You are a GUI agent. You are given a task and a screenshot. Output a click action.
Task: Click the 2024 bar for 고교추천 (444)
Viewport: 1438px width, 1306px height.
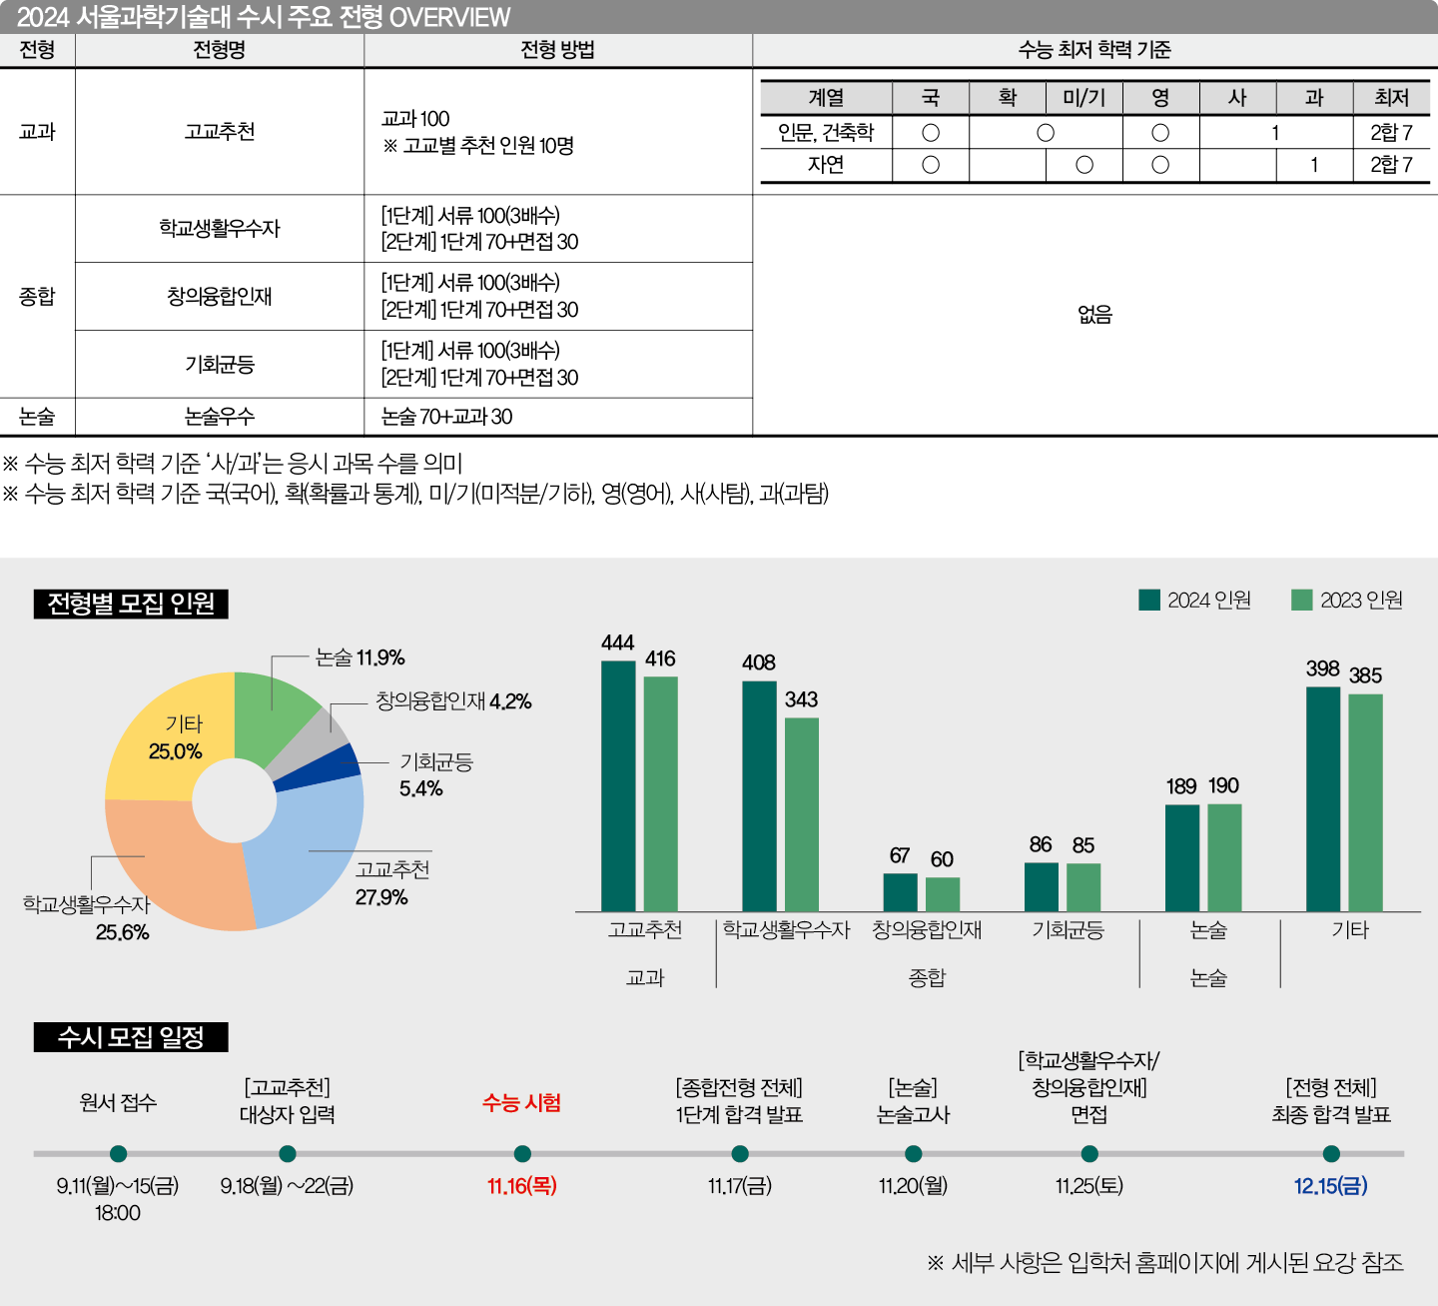[x=618, y=785]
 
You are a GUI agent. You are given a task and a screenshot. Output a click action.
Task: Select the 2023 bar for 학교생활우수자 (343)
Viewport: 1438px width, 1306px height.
[x=801, y=813]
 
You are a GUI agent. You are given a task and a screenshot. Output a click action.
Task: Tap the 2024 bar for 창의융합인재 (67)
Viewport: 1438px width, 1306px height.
[x=900, y=891]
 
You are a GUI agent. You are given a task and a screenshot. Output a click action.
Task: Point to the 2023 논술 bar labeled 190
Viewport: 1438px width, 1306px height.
[x=1224, y=857]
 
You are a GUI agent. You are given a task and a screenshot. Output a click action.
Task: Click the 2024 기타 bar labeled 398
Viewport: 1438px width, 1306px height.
[x=1323, y=798]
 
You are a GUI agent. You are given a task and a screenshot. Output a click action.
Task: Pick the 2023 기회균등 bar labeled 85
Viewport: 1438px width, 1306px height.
[x=1083, y=886]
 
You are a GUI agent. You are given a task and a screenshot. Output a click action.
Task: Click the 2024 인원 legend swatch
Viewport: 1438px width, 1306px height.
[x=1149, y=600]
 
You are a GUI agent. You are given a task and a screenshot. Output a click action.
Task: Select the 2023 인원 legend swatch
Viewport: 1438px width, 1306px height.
[x=1301, y=600]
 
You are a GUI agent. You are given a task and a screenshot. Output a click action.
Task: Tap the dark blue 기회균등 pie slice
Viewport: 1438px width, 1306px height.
[x=318, y=769]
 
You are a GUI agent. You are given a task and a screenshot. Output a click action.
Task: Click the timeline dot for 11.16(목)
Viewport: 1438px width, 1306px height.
[x=522, y=1154]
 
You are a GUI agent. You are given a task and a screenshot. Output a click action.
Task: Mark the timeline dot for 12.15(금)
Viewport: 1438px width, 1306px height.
[x=1331, y=1154]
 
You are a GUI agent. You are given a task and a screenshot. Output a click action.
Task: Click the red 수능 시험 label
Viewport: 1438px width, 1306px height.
[x=521, y=1102]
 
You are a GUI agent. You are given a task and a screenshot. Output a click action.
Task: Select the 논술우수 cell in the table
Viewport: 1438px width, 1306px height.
[x=220, y=417]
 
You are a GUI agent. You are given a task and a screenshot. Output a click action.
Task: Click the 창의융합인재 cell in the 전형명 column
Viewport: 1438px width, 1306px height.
[x=220, y=297]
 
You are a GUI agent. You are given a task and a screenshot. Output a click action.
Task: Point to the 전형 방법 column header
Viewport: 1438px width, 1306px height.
[x=557, y=50]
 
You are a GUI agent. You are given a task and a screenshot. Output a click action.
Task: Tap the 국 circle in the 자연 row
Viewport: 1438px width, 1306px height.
[x=931, y=165]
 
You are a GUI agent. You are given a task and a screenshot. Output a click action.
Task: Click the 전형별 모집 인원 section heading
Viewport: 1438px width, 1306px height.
[x=131, y=604]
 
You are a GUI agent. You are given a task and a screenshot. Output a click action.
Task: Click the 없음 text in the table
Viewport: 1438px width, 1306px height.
[x=1094, y=315]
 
